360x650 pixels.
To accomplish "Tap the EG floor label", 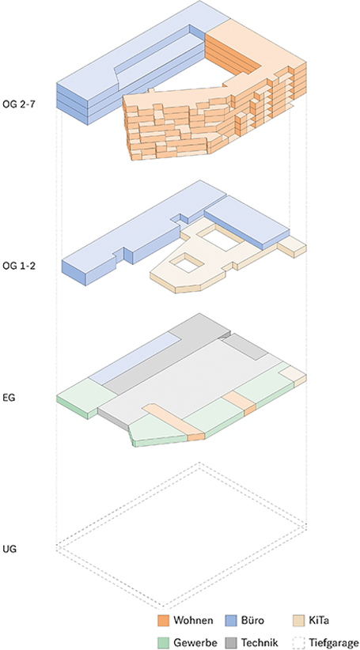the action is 9,399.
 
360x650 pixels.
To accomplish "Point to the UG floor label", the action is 9,550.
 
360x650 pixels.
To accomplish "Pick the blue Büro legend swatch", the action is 231,620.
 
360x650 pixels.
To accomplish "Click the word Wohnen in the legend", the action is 194,620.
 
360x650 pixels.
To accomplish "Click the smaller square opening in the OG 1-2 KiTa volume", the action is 188,263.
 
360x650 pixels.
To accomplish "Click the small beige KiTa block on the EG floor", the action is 294,373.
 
